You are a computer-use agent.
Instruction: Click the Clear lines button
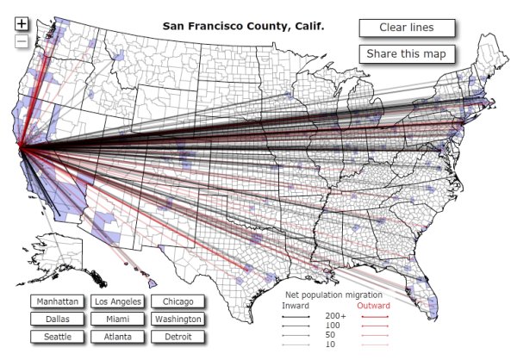(406, 28)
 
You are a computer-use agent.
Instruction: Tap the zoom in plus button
(22, 24)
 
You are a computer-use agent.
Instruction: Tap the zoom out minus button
(22, 41)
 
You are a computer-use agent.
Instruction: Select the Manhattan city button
(57, 302)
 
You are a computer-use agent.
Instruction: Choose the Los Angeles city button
(118, 302)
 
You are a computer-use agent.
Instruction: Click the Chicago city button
(178, 302)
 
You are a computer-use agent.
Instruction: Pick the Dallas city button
(57, 320)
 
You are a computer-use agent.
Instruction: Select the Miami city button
(118, 320)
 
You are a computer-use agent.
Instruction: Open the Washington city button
(178, 320)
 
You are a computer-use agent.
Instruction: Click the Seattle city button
(57, 337)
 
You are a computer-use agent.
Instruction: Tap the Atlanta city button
(118, 337)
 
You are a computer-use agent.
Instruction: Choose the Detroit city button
(178, 337)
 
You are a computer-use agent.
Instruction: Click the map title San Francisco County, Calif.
(244, 26)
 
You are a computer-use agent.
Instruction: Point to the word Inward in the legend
(296, 306)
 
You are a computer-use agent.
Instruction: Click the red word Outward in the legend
(374, 306)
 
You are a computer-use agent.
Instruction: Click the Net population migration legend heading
(334, 295)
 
